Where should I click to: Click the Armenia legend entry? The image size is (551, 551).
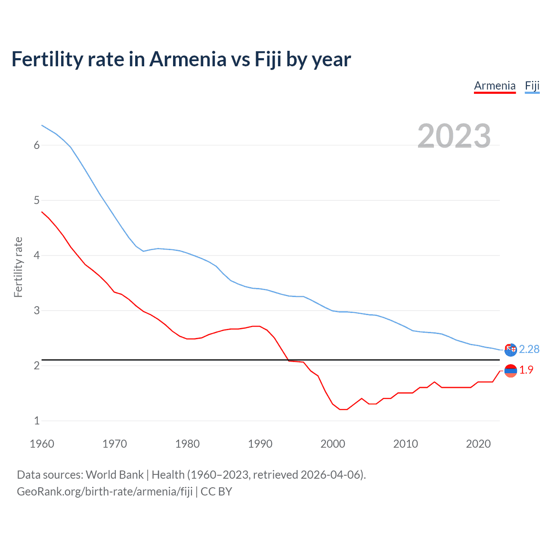(495, 86)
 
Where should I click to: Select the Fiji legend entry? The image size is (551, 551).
(532, 86)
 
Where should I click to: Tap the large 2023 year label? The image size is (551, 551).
(454, 136)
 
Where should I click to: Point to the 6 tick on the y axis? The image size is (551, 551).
(37, 145)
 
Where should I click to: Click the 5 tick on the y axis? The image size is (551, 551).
(37, 200)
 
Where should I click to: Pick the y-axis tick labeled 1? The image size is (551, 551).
(37, 421)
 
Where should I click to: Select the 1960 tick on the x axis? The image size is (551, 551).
(42, 444)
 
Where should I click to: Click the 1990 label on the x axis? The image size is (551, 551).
(260, 444)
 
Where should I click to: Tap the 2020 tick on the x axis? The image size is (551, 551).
(478, 444)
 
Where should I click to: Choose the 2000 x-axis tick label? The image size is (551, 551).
(333, 444)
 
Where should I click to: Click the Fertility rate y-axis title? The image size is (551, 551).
(18, 267)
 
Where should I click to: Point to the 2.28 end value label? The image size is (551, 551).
(529, 349)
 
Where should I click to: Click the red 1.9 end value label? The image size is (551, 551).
(526, 370)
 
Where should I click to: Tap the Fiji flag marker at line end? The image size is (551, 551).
(511, 350)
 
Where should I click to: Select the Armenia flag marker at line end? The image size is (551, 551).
(511, 371)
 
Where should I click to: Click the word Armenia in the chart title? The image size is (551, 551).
(188, 59)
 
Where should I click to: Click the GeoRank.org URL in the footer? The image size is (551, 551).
(105, 492)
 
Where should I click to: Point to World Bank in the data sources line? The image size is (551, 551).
(115, 475)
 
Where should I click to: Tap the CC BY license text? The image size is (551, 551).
(216, 492)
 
